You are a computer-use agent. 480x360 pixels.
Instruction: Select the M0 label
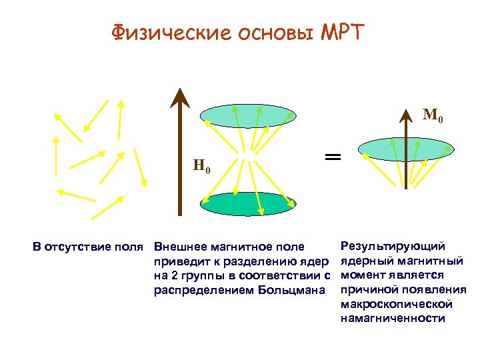point(433,117)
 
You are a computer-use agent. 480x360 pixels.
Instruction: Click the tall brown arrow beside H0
point(179,153)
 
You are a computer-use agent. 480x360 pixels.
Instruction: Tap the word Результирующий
point(393,247)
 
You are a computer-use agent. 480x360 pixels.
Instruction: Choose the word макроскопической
point(397,304)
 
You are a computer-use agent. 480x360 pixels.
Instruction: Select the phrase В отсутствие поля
point(89,247)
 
